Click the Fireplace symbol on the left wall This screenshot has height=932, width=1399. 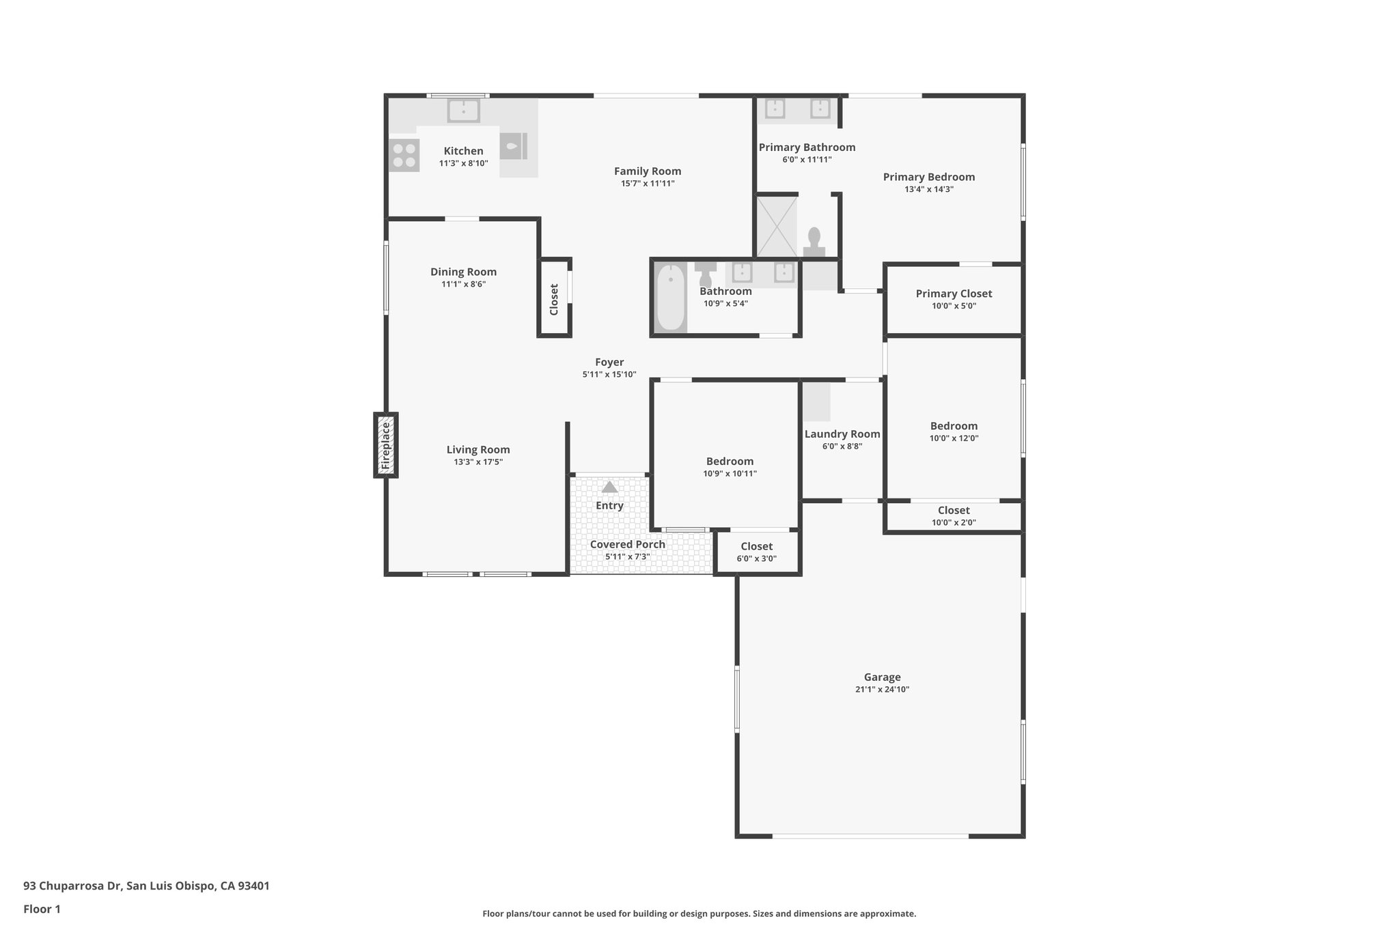385,445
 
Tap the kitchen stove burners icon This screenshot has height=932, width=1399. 404,155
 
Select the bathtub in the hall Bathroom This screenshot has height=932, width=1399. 671,298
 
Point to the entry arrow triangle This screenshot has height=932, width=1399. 609,487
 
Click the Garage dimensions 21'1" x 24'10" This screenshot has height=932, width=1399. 882,690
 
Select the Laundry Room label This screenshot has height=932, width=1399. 842,434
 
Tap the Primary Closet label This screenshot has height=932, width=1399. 954,294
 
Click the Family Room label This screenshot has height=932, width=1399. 647,171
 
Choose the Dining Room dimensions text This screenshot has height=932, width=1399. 463,284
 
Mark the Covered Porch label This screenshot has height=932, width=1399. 627,544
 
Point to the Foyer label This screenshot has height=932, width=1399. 609,363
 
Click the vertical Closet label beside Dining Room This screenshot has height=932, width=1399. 554,299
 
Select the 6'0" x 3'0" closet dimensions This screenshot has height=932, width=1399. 756,559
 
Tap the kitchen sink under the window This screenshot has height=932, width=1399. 463,110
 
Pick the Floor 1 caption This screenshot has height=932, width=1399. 42,909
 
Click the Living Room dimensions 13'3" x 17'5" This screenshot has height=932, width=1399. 478,462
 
